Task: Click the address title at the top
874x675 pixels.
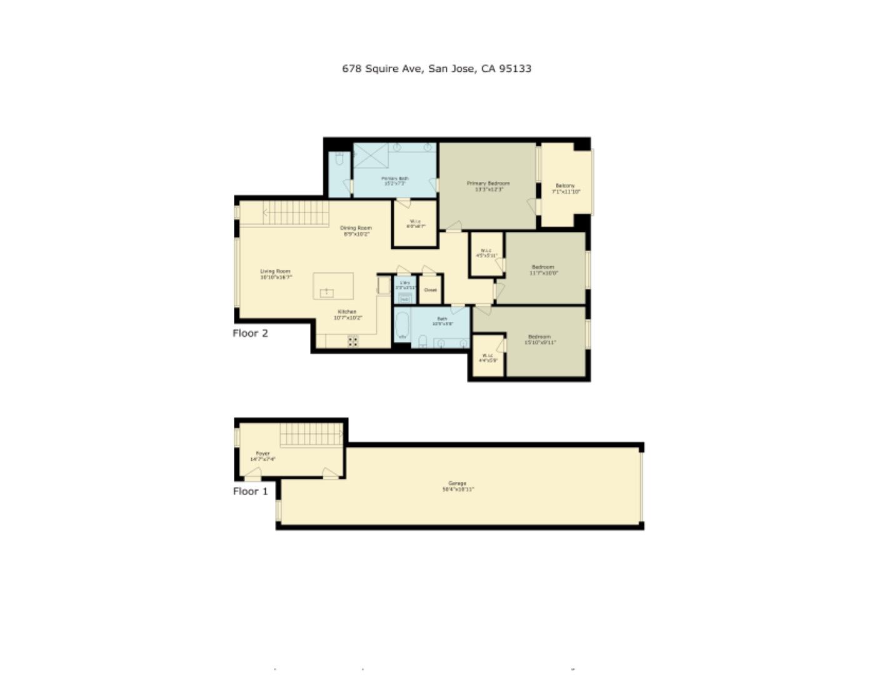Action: pos(436,69)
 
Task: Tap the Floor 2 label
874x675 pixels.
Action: pos(250,333)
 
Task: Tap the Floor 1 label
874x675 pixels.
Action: pos(250,491)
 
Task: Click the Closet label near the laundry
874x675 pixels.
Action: pos(430,290)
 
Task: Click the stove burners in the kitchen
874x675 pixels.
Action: pos(353,341)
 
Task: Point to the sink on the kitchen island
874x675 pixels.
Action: pos(327,292)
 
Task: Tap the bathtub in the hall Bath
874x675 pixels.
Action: pos(402,326)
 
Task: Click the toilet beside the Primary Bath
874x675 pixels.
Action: pos(339,159)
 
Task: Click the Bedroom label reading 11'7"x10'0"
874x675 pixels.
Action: pos(543,269)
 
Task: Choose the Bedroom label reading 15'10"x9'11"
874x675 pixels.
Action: pos(540,339)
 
